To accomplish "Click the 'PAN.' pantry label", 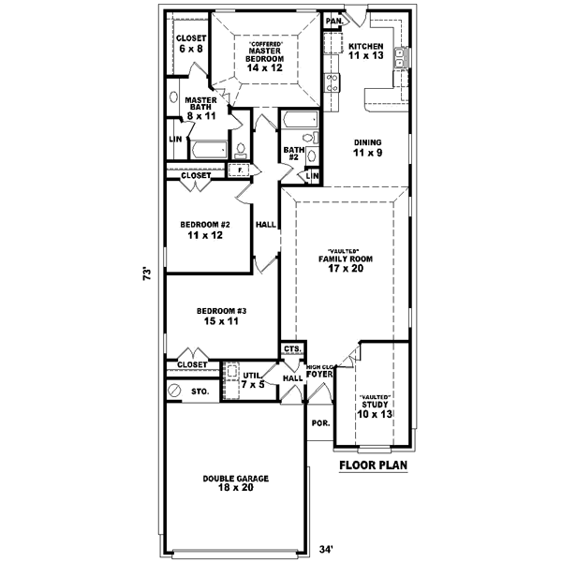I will point(333,21).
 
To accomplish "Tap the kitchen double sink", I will point(400,57).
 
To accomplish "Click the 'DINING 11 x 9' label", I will point(366,148).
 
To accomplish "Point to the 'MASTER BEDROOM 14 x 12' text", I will point(265,56).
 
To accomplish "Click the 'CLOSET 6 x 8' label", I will point(190,43).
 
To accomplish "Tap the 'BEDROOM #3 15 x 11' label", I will point(221,316).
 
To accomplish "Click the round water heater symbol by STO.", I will point(173,390).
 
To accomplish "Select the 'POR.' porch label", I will point(320,423).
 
